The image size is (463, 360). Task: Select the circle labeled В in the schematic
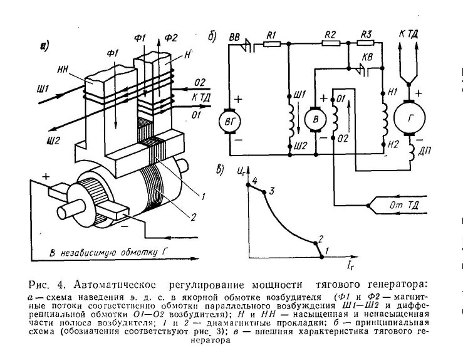[316, 119]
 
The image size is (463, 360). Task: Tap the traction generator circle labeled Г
[409, 117]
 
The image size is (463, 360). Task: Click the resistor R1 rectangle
[271, 44]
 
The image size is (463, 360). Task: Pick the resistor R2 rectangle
[331, 43]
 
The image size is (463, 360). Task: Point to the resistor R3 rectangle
[366, 43]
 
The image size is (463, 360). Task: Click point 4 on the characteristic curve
[248, 185]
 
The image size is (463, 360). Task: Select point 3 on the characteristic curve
[264, 192]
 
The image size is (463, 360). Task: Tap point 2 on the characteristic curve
[315, 243]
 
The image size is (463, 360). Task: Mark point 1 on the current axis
[322, 257]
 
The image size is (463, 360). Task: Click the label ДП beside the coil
[425, 151]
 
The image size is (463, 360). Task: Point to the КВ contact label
[367, 56]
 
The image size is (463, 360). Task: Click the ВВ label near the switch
[235, 37]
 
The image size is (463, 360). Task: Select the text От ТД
[404, 205]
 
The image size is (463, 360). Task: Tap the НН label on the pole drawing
[63, 70]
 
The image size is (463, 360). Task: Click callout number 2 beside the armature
[193, 217]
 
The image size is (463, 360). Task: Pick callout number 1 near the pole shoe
[203, 196]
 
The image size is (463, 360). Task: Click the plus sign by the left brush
[46, 176]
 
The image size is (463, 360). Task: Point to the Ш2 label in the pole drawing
[54, 140]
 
